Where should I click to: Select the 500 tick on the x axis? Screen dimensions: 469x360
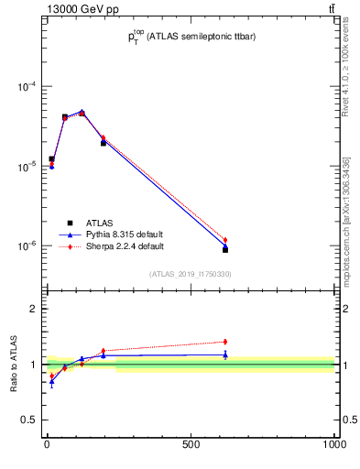pos(191,445)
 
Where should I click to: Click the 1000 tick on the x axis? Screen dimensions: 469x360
pos(333,445)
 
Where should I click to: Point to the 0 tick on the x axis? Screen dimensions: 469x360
pos(47,445)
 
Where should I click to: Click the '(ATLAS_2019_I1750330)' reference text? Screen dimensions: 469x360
pos(191,274)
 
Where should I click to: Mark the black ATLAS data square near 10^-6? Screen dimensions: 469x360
pos(225,249)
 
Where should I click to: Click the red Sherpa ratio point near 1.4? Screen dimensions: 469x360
pos(225,342)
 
